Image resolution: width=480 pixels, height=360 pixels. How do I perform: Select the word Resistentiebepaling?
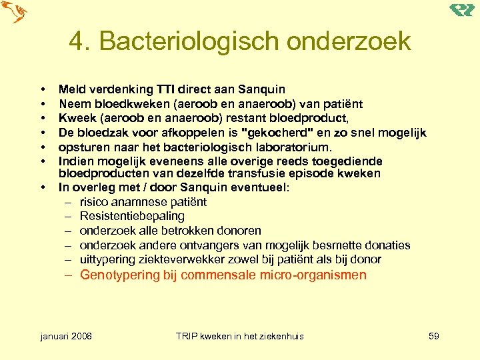click(x=132, y=217)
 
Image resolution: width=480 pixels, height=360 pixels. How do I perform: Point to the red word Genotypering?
click(x=120, y=275)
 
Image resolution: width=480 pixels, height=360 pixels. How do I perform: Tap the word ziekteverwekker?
click(x=183, y=259)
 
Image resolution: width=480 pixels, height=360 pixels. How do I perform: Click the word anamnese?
click(x=140, y=202)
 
